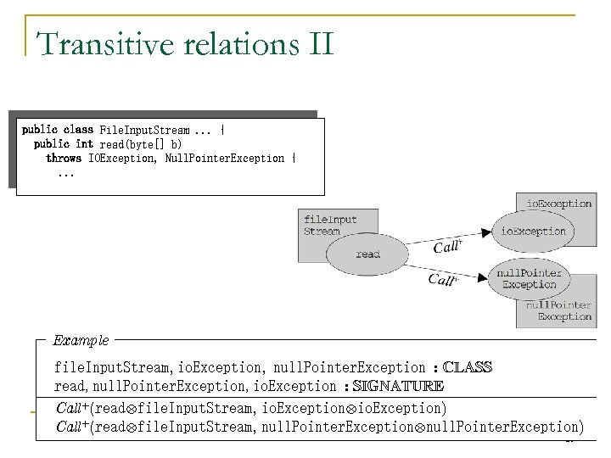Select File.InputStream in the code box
click(x=144, y=130)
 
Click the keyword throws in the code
click(x=64, y=159)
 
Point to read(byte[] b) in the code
click(x=141, y=144)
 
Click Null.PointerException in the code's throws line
click(x=225, y=159)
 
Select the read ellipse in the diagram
click(x=367, y=254)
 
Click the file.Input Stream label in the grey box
click(x=330, y=225)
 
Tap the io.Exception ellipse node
click(x=533, y=231)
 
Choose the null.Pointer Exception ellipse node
click(x=529, y=279)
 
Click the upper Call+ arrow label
click(x=448, y=247)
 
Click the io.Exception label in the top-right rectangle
click(x=559, y=204)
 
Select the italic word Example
click(x=81, y=340)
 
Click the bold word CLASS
click(x=468, y=367)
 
